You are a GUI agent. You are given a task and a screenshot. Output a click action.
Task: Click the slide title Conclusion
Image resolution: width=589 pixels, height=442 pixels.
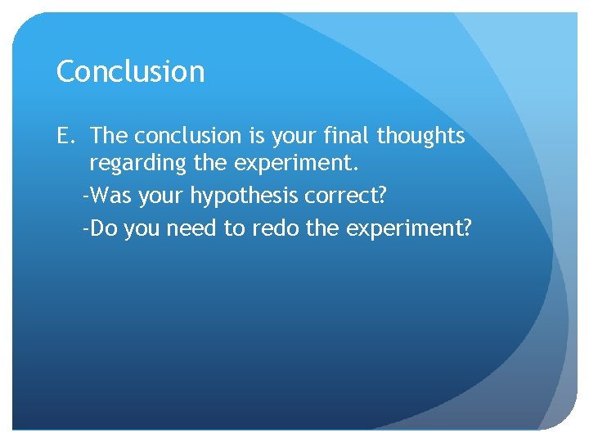click(x=130, y=71)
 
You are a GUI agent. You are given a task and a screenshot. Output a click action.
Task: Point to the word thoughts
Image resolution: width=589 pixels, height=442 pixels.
click(x=420, y=136)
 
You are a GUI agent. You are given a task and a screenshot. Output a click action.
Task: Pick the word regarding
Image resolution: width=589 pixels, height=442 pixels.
click(x=138, y=165)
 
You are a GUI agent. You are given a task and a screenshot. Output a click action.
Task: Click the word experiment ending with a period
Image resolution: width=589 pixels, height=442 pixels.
click(x=296, y=165)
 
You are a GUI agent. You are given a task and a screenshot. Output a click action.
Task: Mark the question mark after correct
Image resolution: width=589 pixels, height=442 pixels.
click(x=384, y=196)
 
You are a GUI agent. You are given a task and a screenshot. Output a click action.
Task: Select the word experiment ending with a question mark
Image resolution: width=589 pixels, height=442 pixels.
click(x=409, y=229)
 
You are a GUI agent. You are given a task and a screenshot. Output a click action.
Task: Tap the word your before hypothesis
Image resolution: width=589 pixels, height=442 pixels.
click(x=160, y=197)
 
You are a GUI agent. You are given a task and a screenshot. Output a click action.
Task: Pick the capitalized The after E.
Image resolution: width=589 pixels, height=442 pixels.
click(x=109, y=136)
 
